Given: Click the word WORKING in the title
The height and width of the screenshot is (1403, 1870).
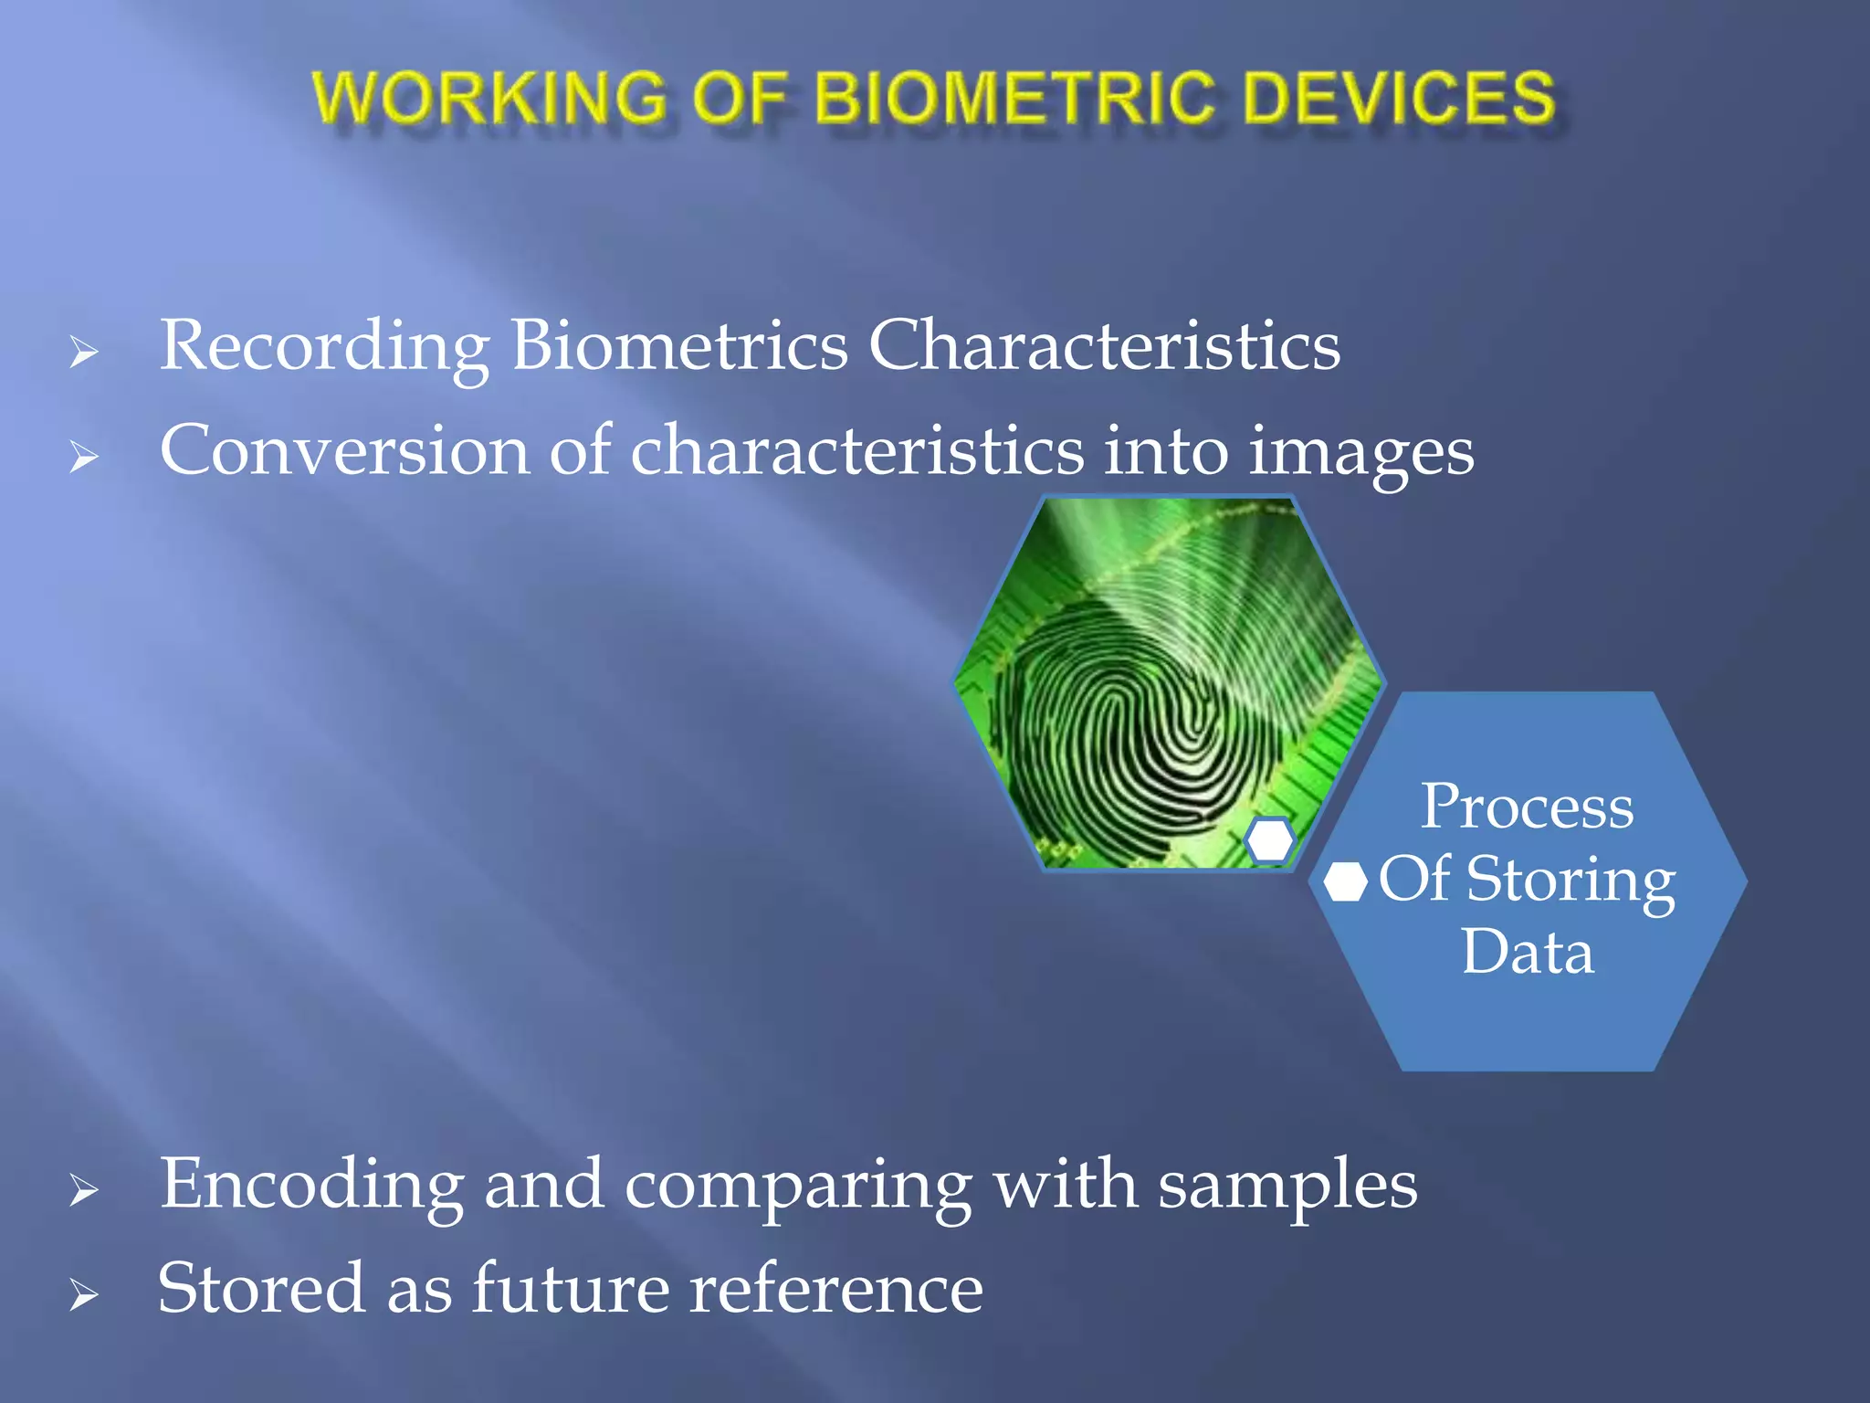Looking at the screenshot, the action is click(489, 98).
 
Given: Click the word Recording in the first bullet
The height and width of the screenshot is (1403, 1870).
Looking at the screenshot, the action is click(324, 347).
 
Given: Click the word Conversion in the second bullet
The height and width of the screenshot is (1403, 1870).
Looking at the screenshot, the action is click(344, 451).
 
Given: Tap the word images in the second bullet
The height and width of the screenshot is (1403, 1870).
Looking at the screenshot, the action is click(1360, 453).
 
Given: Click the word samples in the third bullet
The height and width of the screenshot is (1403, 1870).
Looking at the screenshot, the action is click(1287, 1186).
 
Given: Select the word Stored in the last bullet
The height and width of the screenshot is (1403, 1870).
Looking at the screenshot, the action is click(260, 1288).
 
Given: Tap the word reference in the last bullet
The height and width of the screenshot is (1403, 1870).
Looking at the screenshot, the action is click(835, 1288).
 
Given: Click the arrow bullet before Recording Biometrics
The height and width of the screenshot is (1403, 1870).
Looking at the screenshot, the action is click(84, 352).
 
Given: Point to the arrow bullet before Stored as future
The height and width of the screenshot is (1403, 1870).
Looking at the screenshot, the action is click(84, 1294).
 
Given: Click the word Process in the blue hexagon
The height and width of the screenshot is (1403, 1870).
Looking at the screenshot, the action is click(1527, 807).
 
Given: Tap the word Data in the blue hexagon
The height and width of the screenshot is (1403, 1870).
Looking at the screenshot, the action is click(1527, 952).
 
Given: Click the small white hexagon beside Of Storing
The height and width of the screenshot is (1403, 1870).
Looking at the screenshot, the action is click(1345, 881).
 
